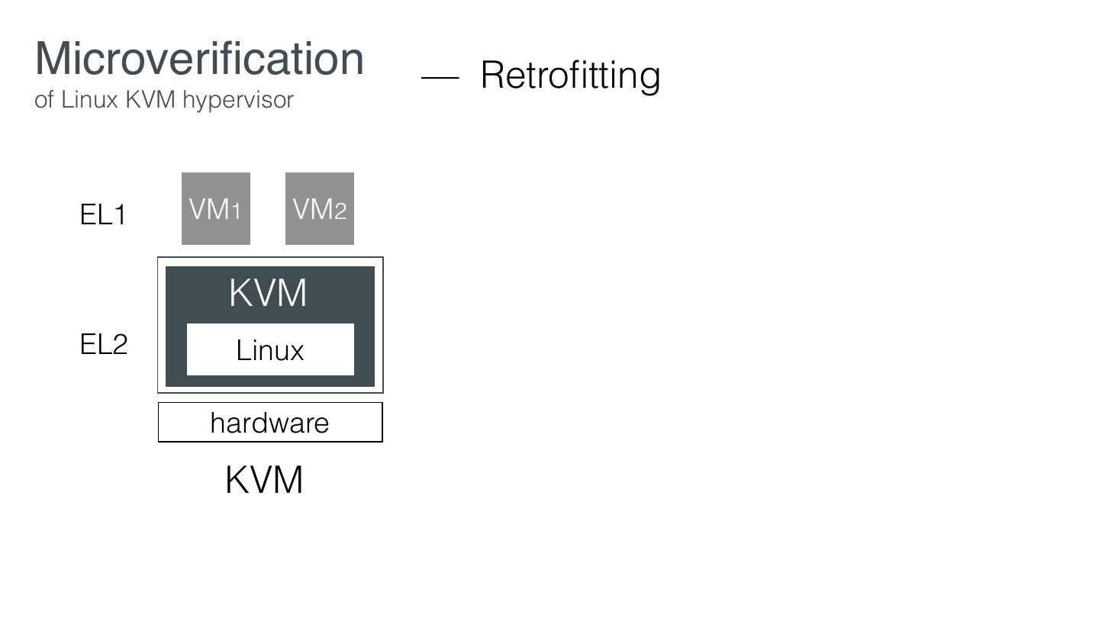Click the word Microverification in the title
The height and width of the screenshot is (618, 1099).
(x=199, y=59)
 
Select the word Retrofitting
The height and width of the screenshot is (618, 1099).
(x=570, y=76)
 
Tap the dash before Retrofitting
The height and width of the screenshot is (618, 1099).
(x=440, y=77)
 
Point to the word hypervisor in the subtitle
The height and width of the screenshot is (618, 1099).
(x=237, y=101)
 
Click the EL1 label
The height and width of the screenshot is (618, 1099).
(x=103, y=215)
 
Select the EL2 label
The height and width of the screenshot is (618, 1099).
(x=104, y=345)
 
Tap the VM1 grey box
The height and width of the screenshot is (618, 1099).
(x=215, y=208)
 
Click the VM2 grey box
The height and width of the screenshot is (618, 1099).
(x=319, y=208)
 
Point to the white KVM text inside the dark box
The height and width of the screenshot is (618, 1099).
(x=268, y=293)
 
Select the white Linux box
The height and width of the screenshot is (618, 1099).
(x=270, y=349)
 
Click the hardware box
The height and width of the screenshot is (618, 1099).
(x=270, y=422)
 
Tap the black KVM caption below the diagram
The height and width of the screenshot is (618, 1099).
(x=264, y=481)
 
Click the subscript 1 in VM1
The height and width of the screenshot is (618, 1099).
(x=237, y=211)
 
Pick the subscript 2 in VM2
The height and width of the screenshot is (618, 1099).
(x=340, y=211)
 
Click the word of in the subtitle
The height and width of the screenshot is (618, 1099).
(x=44, y=100)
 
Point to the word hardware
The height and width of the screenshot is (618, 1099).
(x=269, y=423)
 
